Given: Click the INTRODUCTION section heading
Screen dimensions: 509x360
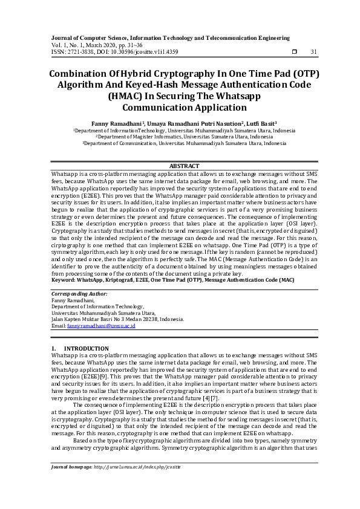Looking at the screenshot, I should point(87,349).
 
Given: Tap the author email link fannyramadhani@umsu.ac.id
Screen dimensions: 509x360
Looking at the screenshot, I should point(101,326).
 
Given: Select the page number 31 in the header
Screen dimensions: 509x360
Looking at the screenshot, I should point(313,52).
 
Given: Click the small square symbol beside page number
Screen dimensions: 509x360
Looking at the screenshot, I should point(294,52).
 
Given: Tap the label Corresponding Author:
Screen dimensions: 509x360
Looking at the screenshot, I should point(80,294).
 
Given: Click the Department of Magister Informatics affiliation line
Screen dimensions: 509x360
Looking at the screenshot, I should point(184,137).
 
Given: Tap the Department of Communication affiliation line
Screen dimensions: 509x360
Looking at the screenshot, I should point(184,144).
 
